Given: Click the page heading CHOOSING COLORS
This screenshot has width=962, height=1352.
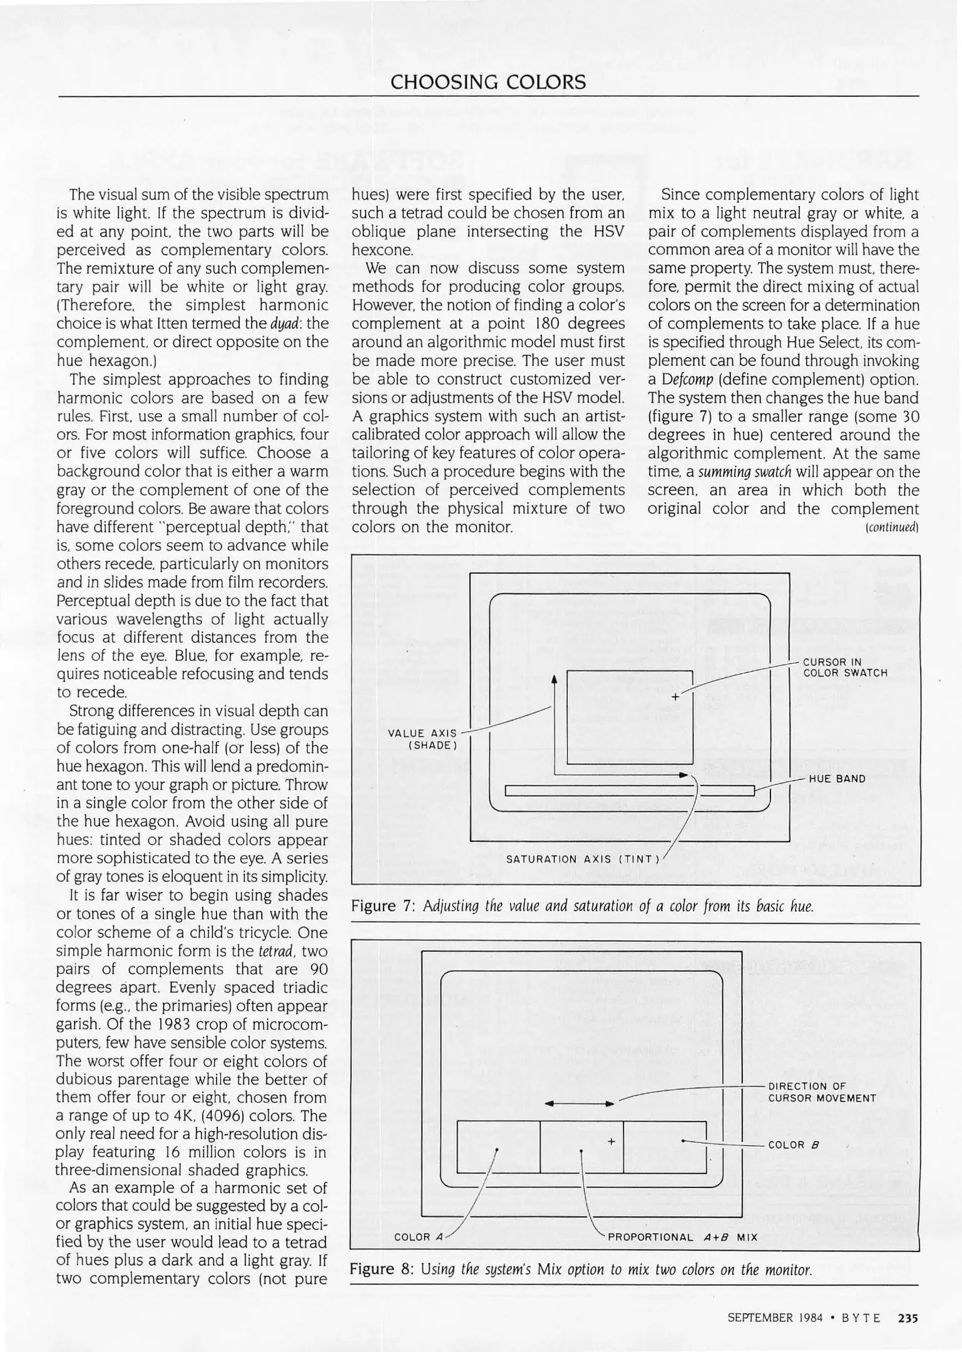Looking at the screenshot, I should point(488,82).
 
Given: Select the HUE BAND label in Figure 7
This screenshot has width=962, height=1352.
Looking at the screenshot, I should point(837,779).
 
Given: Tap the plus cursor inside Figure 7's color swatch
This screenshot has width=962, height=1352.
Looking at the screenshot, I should point(675,697).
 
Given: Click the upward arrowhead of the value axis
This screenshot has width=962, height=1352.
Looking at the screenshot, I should point(554,679).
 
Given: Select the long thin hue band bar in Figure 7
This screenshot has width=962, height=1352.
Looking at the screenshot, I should point(629,791).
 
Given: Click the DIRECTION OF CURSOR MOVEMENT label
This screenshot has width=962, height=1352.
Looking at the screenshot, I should point(822,1092).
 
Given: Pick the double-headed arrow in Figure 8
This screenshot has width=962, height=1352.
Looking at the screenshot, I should point(579,1104).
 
